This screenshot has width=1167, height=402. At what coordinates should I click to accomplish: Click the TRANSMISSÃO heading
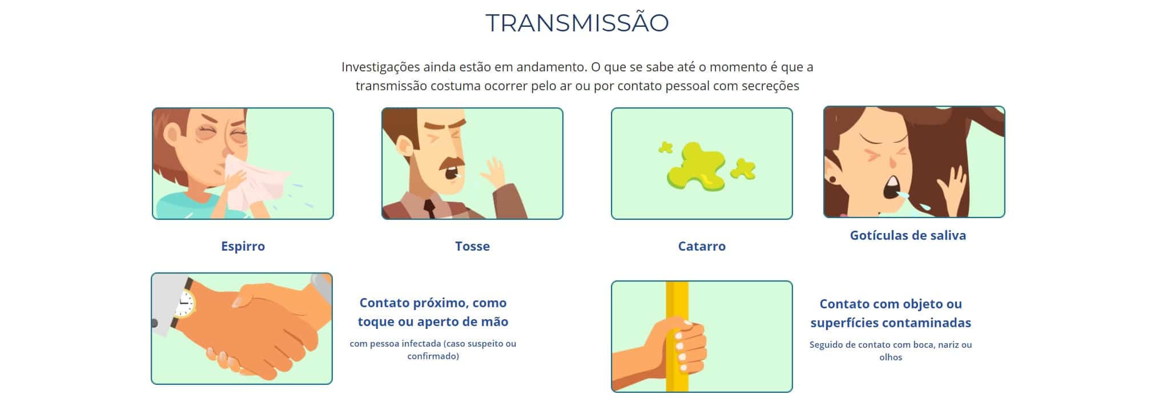point(577,22)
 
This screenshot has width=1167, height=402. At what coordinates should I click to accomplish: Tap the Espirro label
point(243,246)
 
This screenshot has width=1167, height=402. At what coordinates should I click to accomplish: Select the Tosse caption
point(472,246)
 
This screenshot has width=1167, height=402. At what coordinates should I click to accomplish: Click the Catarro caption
point(702,246)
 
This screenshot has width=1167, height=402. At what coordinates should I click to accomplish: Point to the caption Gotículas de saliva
point(908,235)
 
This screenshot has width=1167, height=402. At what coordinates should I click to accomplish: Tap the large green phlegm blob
point(696,166)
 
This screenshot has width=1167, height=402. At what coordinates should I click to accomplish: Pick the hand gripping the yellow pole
point(679,345)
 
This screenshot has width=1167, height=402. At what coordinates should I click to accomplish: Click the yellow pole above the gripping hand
point(677,300)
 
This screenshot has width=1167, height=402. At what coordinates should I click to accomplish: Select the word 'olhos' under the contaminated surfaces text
point(891,357)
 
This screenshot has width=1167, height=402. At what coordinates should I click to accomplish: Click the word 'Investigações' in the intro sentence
point(380,67)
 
